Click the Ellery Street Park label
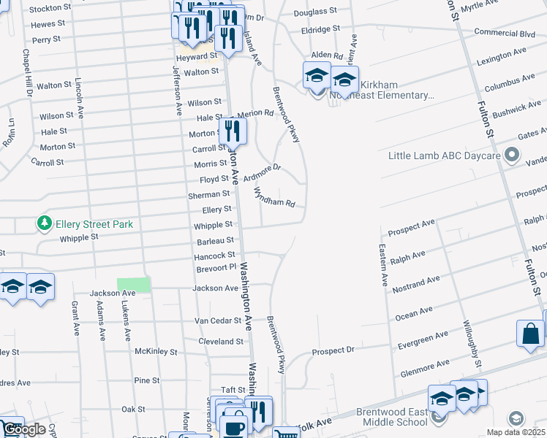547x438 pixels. pos(94,224)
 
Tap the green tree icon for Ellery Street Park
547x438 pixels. pos(45,223)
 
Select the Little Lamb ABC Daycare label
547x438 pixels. pos(445,156)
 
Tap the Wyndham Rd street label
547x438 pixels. pos(274,197)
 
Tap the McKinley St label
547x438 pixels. pos(156,351)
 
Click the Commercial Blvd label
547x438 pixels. pos(505,33)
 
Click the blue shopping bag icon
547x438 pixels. pos(530,333)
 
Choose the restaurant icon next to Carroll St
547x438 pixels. pos(233,131)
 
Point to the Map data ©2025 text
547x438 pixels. pos(516,432)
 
